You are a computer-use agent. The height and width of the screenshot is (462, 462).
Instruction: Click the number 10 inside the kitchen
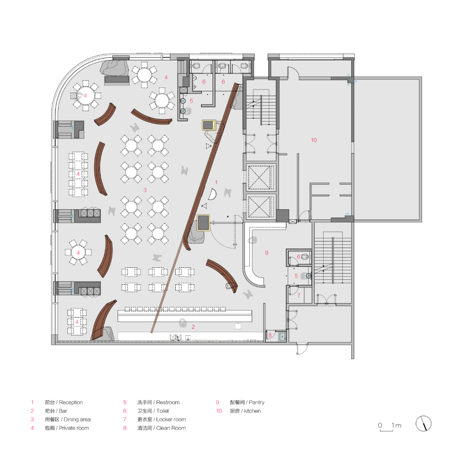pyautogui.click(x=314, y=140)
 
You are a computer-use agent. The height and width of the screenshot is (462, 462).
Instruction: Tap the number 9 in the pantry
pyautogui.click(x=267, y=253)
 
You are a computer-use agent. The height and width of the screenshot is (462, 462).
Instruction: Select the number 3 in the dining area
pyautogui.click(x=145, y=190)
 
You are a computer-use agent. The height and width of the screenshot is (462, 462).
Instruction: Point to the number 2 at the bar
pyautogui.click(x=193, y=327)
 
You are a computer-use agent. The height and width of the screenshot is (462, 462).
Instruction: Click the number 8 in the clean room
pyautogui.click(x=270, y=335)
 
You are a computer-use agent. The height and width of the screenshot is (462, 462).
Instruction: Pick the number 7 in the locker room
pyautogui.click(x=299, y=295)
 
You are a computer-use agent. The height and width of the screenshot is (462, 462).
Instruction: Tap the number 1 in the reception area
pyautogui.click(x=216, y=182)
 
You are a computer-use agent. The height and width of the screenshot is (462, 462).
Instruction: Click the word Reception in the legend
pyautogui.click(x=71, y=403)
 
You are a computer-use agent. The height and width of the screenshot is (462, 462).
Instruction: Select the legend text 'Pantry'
pyautogui.click(x=256, y=403)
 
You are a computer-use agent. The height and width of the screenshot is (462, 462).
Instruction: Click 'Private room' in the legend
pyautogui.click(x=74, y=428)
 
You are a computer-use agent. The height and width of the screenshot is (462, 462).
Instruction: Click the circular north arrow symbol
pyautogui.click(x=423, y=424)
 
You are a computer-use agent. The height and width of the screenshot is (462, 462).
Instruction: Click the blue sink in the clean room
pyautogui.click(x=282, y=337)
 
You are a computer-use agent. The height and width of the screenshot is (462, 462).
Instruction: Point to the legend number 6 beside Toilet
pyautogui.click(x=125, y=411)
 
